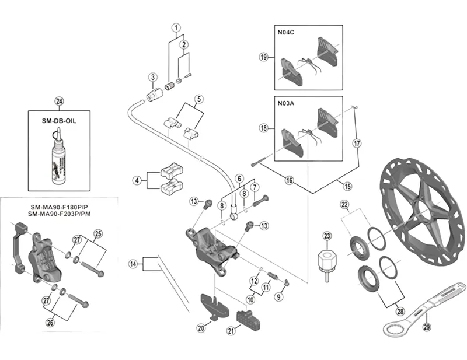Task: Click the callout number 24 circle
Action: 58,101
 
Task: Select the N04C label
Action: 287,33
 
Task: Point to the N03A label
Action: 287,104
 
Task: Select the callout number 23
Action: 327,236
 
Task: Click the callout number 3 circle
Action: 152,77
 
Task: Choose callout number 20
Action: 201,328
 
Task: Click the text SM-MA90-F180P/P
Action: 56,207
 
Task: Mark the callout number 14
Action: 134,264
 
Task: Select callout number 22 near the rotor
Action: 345,204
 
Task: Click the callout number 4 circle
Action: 137,181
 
